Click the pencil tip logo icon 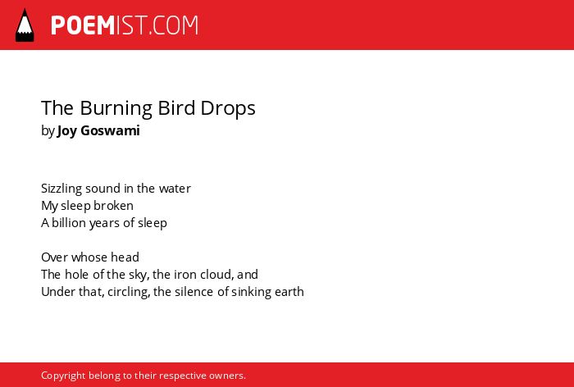pyautogui.click(x=25, y=25)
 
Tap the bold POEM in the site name pyautogui.click(x=83, y=25)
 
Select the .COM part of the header pyautogui.click(x=174, y=25)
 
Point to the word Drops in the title pyautogui.click(x=228, y=108)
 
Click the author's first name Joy pyautogui.click(x=66, y=130)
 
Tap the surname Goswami pyautogui.click(x=110, y=130)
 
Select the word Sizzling pyautogui.click(x=61, y=189)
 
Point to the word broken pyautogui.click(x=113, y=206)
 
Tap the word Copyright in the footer pyautogui.click(x=63, y=376)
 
